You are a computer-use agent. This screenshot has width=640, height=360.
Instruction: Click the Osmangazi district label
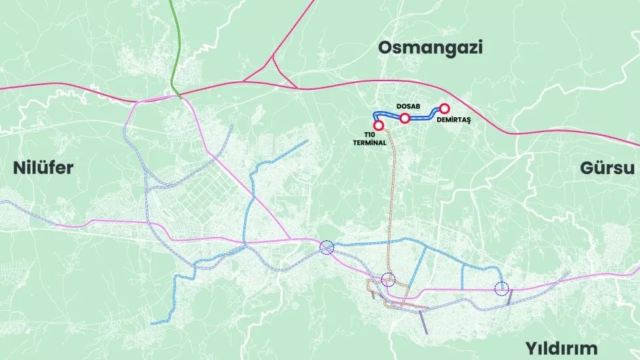[430, 47]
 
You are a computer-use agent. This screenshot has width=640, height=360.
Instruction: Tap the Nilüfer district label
[43, 168]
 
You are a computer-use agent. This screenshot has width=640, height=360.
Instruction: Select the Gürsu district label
[607, 168]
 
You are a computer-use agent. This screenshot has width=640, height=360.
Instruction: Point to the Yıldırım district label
[561, 348]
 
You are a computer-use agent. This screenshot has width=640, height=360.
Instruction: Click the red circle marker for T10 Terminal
[378, 125]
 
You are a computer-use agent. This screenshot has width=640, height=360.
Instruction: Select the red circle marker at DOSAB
[405, 118]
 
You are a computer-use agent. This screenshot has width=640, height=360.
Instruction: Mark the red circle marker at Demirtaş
[444, 109]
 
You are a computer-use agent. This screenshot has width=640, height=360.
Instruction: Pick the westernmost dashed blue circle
[327, 247]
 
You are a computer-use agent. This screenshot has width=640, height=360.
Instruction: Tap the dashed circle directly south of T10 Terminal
[388, 279]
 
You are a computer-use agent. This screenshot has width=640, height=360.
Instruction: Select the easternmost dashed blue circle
[501, 287]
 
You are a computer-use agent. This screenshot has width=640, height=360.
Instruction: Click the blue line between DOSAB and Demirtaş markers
[424, 118]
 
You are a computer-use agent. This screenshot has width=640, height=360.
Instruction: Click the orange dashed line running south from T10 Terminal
[393, 196]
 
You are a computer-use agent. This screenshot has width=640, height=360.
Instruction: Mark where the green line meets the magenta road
[177, 97]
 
